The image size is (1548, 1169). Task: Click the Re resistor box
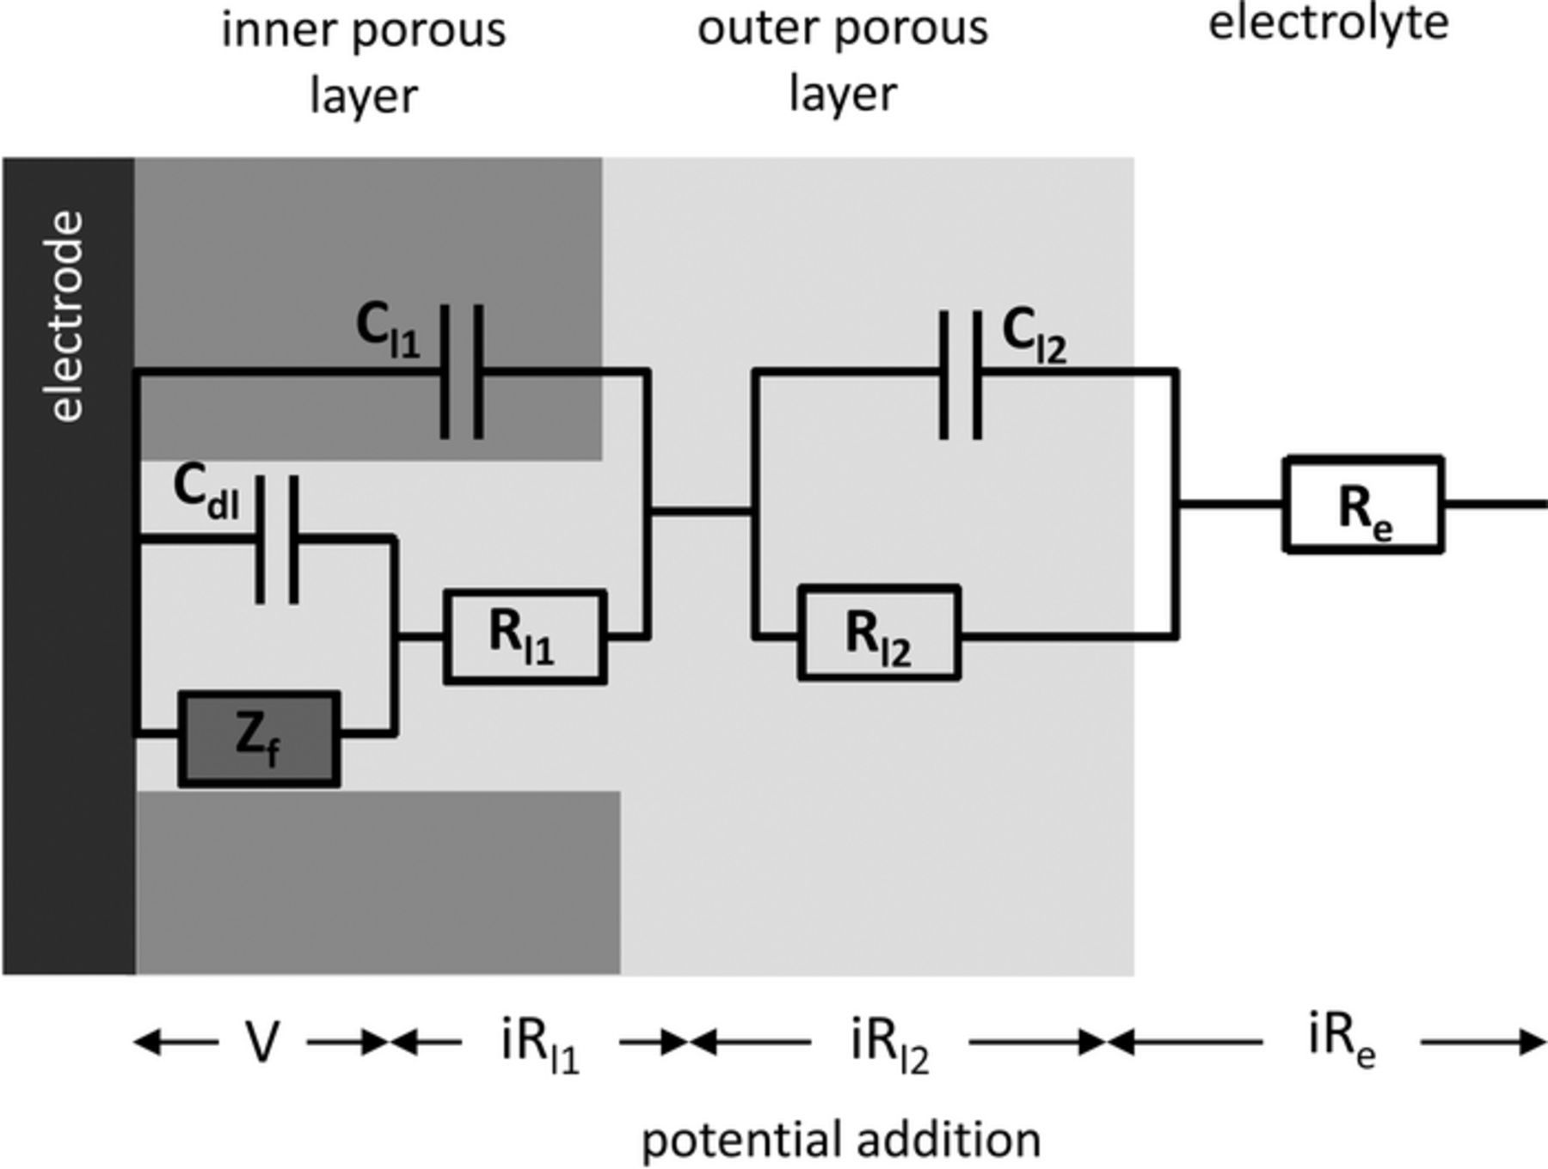[x=1363, y=505]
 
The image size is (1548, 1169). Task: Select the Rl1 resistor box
[x=525, y=637]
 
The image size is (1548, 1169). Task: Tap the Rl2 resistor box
[x=879, y=634]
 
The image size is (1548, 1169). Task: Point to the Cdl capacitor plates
[x=277, y=540]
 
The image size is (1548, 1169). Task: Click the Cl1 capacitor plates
[x=462, y=371]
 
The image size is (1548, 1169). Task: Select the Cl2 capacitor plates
[x=960, y=375]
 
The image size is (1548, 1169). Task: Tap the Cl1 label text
[x=388, y=332]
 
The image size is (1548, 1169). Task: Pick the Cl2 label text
[x=1035, y=337]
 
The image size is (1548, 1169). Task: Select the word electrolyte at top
[x=1329, y=22]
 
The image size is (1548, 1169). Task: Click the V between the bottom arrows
[x=262, y=1043]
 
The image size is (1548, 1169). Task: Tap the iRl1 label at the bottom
[x=540, y=1045]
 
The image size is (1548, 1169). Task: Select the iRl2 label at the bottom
[x=890, y=1045]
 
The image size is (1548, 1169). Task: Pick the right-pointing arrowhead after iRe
[x=1532, y=1043]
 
